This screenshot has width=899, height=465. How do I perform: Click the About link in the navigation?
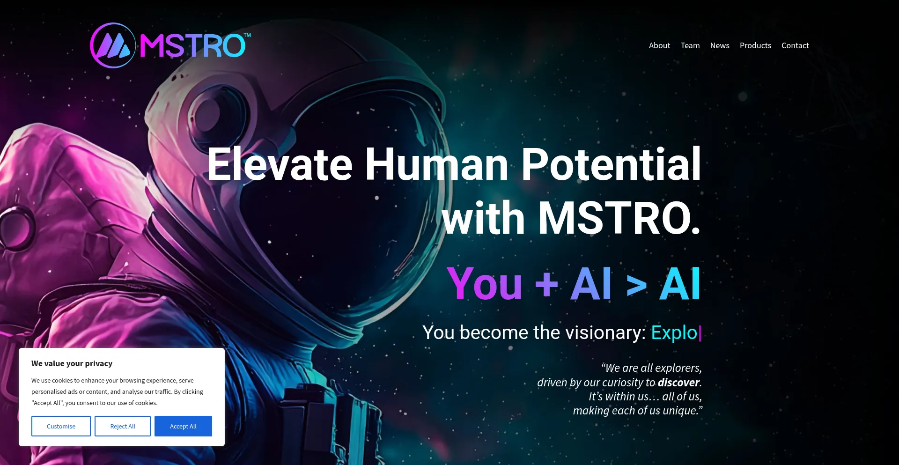tap(659, 45)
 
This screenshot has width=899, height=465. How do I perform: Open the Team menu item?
tap(690, 45)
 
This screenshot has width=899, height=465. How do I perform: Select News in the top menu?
tap(720, 45)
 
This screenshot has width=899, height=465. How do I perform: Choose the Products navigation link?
tap(755, 45)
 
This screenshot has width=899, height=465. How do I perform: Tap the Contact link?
tap(795, 45)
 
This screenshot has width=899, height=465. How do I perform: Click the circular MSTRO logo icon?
tap(113, 45)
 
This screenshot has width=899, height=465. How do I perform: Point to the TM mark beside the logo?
tap(248, 35)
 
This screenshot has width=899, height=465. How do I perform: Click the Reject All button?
tap(123, 426)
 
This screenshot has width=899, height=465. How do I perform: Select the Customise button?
tap(61, 426)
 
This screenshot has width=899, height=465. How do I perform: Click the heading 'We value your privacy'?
tap(72, 363)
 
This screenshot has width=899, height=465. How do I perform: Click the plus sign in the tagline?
tap(546, 284)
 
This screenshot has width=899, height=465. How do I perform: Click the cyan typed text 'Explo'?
tap(674, 332)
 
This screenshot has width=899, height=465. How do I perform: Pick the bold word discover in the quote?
tap(678, 383)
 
